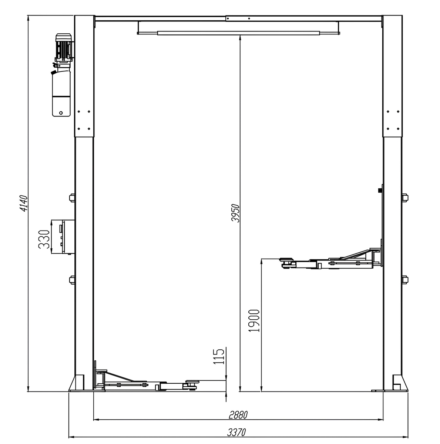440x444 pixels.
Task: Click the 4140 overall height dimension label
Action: click(24, 203)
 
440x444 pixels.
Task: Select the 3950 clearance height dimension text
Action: click(235, 213)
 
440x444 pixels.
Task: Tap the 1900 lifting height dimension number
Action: click(254, 321)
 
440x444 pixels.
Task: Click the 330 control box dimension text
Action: click(44, 239)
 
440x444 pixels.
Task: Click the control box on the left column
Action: click(63, 237)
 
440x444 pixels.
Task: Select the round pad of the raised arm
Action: click(286, 259)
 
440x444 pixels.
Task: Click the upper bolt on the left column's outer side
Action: click(72, 198)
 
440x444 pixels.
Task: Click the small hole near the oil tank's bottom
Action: click(61, 113)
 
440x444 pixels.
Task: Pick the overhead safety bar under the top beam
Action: click(238, 33)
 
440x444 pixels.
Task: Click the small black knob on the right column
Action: click(380, 191)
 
